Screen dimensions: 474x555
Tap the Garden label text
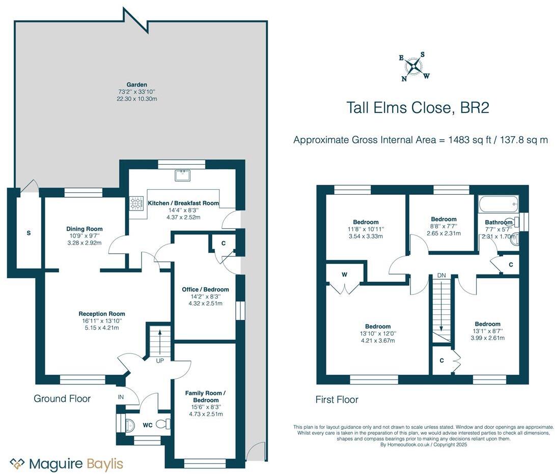coord(137,84)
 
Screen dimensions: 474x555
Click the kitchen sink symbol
coord(182,175)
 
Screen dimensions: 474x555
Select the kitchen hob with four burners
coord(136,204)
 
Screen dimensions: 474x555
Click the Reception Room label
coord(102,314)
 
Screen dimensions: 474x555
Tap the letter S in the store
coord(29,233)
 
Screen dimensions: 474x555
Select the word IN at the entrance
coord(121,396)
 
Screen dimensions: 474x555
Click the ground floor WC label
coord(148,424)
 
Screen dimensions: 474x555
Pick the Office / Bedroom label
coord(205,289)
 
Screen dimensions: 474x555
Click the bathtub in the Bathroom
coord(497,204)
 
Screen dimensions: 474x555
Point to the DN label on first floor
coord(441,275)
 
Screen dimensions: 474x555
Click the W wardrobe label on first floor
coord(345,275)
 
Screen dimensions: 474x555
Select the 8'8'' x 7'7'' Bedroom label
coord(443,219)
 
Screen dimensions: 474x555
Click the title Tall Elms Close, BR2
coord(418,108)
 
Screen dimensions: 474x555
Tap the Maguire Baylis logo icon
coord(18,463)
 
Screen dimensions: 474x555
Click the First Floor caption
coord(337,400)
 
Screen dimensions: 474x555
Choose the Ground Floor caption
coord(62,399)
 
